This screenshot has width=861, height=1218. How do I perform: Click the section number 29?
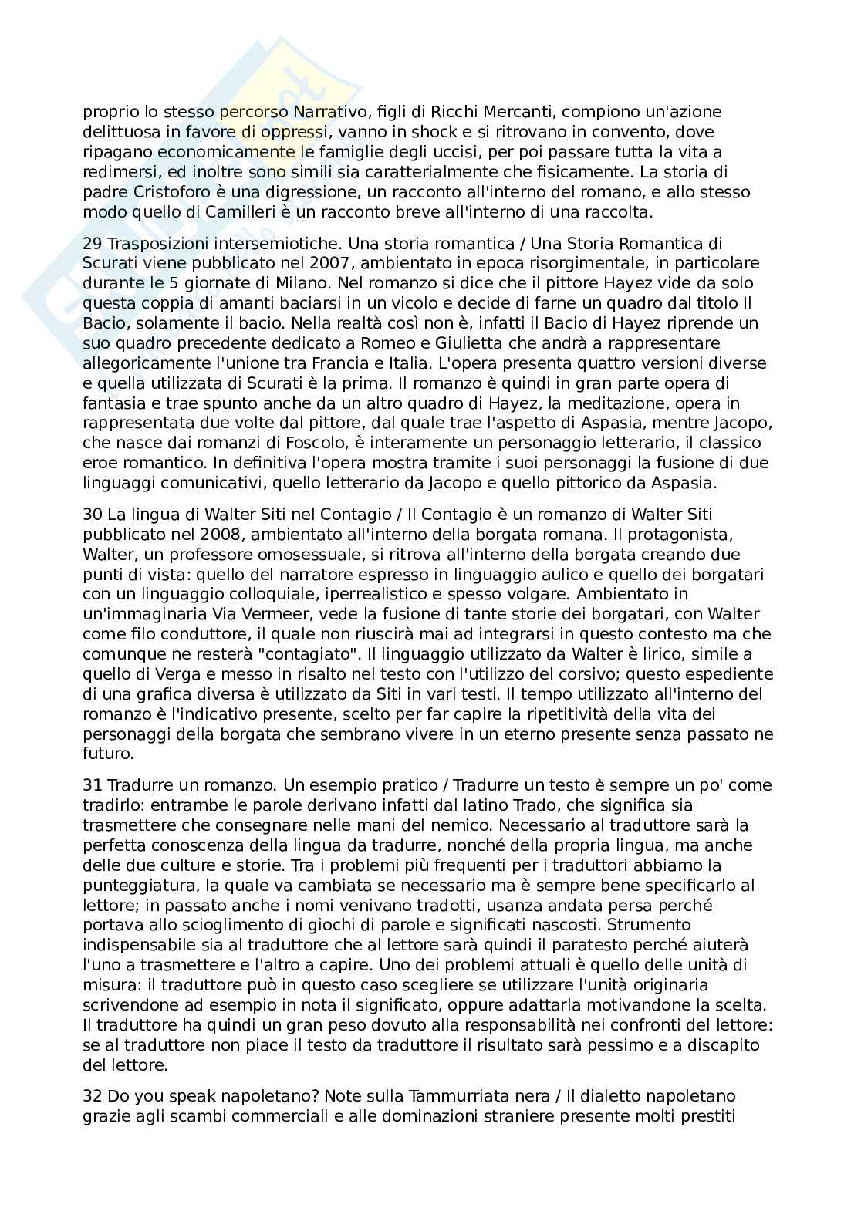pos(93,244)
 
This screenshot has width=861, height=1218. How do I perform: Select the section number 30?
pos(93,514)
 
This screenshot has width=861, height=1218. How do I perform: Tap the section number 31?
pos(93,785)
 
